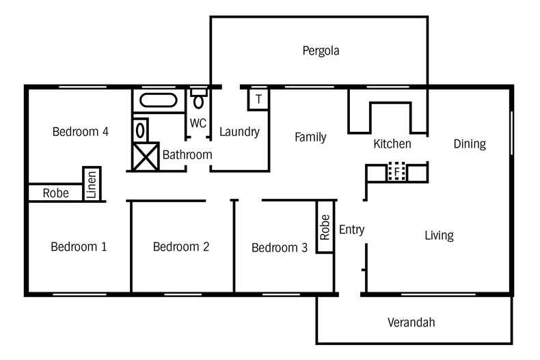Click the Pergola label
pyautogui.click(x=321, y=51)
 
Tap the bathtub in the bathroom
pyautogui.click(x=159, y=100)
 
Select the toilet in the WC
pyautogui.click(x=198, y=99)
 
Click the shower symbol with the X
pyautogui.click(x=146, y=157)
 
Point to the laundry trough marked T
pyautogui.click(x=258, y=100)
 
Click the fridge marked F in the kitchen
pyautogui.click(x=396, y=171)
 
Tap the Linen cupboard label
pyautogui.click(x=92, y=184)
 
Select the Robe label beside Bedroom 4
pyautogui.click(x=56, y=193)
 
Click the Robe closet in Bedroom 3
pyautogui.click(x=325, y=227)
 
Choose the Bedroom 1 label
pyautogui.click(x=79, y=247)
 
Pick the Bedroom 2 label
pyautogui.click(x=181, y=247)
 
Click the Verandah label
pyautogui.click(x=411, y=322)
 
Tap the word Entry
pyautogui.click(x=351, y=230)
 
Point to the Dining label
pyautogui.click(x=470, y=144)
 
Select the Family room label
pyautogui.click(x=310, y=137)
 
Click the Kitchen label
pyautogui.click(x=392, y=144)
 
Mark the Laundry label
pyautogui.click(x=239, y=132)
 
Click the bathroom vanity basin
pyautogui.click(x=140, y=130)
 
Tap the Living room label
pyautogui.click(x=439, y=236)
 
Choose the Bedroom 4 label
pyautogui.click(x=81, y=131)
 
